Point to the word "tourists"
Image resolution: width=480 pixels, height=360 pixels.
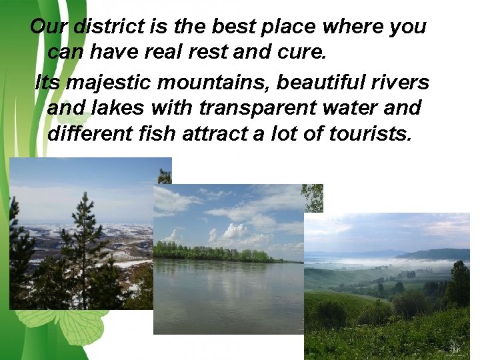click(x=371, y=133)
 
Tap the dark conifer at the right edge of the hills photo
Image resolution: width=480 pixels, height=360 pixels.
click(x=458, y=283)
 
